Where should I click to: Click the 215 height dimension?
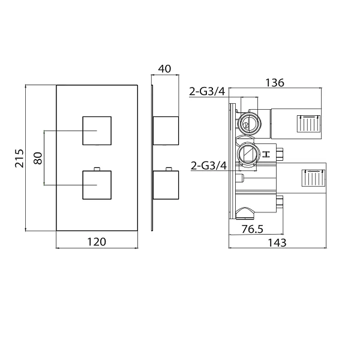coord(19,158)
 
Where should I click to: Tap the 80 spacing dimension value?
coord(38,158)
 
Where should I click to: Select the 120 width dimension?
coord(97,242)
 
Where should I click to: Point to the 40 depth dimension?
coord(164,68)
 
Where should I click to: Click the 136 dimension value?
coord(275,83)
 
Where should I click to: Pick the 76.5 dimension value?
coord(253,229)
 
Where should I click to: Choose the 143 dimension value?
coord(277,242)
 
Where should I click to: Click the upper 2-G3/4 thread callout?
coord(207,91)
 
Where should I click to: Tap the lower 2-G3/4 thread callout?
coord(209,166)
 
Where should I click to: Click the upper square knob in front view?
coord(97,131)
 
